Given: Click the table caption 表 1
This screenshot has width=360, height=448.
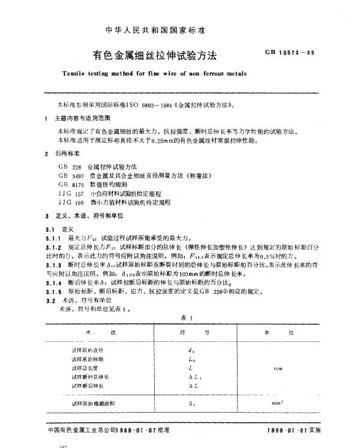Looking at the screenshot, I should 184,318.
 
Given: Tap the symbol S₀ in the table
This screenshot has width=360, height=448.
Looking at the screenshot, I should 191,404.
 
